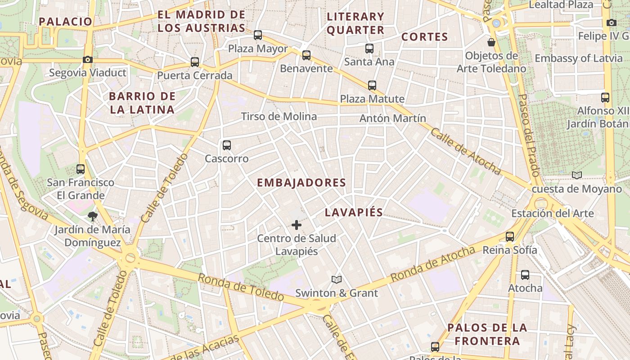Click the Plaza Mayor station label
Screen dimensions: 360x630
click(x=258, y=48)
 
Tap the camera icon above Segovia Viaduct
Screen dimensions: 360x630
click(x=88, y=59)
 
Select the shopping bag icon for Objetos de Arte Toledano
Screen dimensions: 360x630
click(x=491, y=42)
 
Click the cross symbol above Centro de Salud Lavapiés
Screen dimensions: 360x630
click(x=297, y=225)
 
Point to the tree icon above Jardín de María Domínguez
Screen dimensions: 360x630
click(x=93, y=216)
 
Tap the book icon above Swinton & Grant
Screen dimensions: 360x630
click(x=337, y=279)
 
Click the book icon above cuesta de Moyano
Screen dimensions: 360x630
click(x=576, y=175)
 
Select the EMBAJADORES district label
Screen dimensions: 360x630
click(x=301, y=183)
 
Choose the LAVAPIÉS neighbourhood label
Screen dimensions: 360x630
click(x=354, y=212)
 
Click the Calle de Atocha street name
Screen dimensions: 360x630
click(x=465, y=151)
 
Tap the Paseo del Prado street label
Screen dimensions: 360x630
click(x=529, y=135)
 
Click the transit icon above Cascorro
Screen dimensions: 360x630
click(x=227, y=145)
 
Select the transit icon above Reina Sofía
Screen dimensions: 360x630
click(x=510, y=236)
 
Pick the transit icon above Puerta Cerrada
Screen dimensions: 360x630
click(x=195, y=62)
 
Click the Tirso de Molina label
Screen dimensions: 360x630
click(x=279, y=117)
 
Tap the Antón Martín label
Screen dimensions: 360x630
click(x=393, y=118)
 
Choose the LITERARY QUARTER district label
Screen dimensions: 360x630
click(x=355, y=23)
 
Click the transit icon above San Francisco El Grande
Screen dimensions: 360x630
click(x=81, y=169)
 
